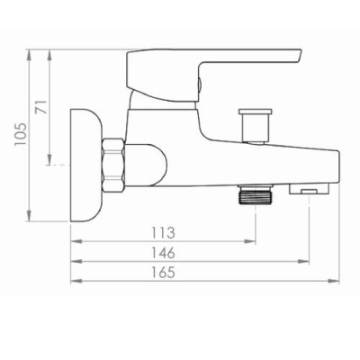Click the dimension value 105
(22, 135)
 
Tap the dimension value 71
(42, 107)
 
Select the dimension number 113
(163, 233)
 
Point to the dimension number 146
(163, 253)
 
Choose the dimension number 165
(163, 273)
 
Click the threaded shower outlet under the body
(255, 194)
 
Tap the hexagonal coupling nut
(113, 165)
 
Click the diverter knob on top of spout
(256, 125)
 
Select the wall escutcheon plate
(85, 166)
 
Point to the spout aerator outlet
(309, 188)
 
